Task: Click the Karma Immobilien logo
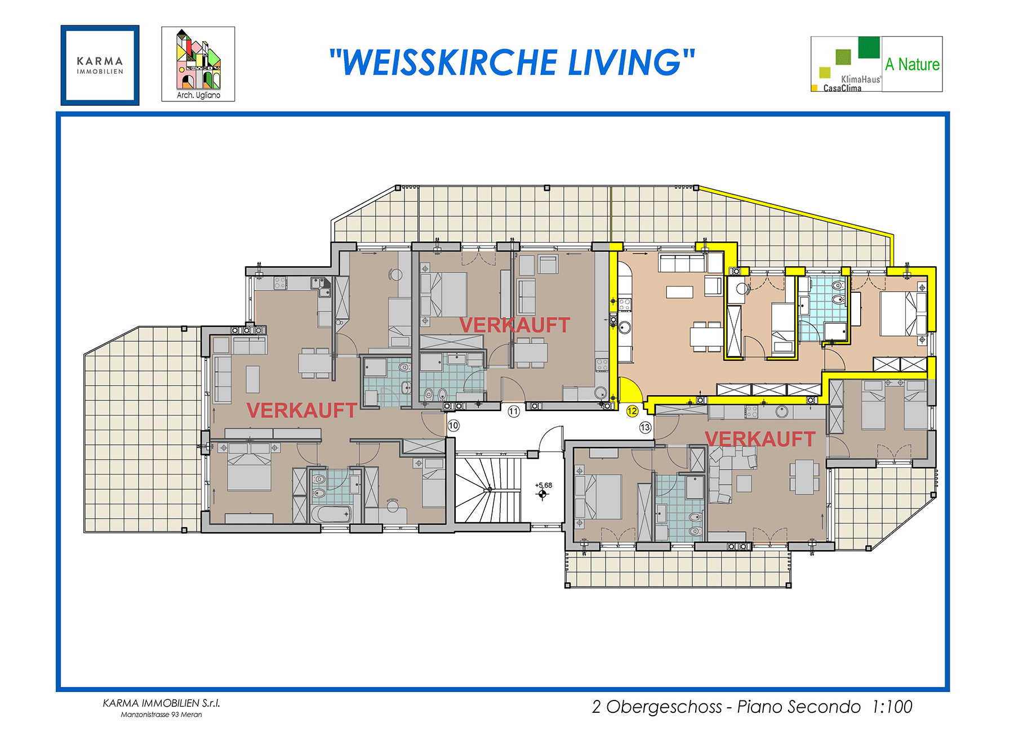tap(100, 65)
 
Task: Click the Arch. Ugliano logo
tap(198, 64)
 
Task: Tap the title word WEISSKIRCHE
tap(450, 62)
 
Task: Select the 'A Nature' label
tap(911, 64)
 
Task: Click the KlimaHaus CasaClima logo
tap(846, 64)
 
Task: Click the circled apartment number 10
tap(453, 426)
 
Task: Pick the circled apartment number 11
tap(513, 412)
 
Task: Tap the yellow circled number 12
tap(632, 411)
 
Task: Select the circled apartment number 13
tap(645, 427)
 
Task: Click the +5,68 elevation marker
tap(543, 490)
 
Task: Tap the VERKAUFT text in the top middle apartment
tap(514, 325)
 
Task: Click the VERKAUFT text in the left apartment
tap(301, 410)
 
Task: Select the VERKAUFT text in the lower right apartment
tap(759, 439)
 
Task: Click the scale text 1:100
tap(892, 707)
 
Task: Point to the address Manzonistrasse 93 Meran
tap(161, 715)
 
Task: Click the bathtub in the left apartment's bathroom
tap(332, 514)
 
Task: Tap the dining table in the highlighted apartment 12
tap(706, 336)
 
